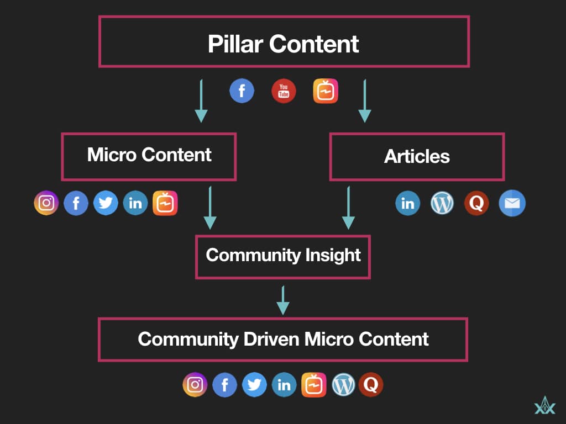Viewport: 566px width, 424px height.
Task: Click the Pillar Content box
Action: coord(284,42)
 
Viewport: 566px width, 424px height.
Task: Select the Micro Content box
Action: coord(149,156)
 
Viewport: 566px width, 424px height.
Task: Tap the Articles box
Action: coord(417,156)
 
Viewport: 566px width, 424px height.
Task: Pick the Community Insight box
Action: coord(283,256)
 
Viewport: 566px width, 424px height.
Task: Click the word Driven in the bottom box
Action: coord(268,339)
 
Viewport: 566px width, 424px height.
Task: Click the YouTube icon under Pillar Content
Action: coord(284,91)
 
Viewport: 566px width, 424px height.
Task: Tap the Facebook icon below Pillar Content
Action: coord(242,91)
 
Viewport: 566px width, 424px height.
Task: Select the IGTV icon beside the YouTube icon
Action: coord(326,91)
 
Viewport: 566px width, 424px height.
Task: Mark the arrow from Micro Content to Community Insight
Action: coord(210,208)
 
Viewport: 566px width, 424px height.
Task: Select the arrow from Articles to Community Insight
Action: coord(348,208)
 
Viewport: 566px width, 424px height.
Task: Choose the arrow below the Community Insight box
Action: coord(283,300)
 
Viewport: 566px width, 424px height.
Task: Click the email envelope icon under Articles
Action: coord(512,204)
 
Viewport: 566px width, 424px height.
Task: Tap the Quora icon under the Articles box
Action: coord(476,204)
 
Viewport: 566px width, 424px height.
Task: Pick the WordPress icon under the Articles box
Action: coord(442,204)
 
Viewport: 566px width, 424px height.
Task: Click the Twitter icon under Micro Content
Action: coord(106,203)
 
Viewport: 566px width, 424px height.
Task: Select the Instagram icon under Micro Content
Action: coord(46,203)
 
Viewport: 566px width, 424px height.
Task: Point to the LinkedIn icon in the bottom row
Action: coord(284,385)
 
